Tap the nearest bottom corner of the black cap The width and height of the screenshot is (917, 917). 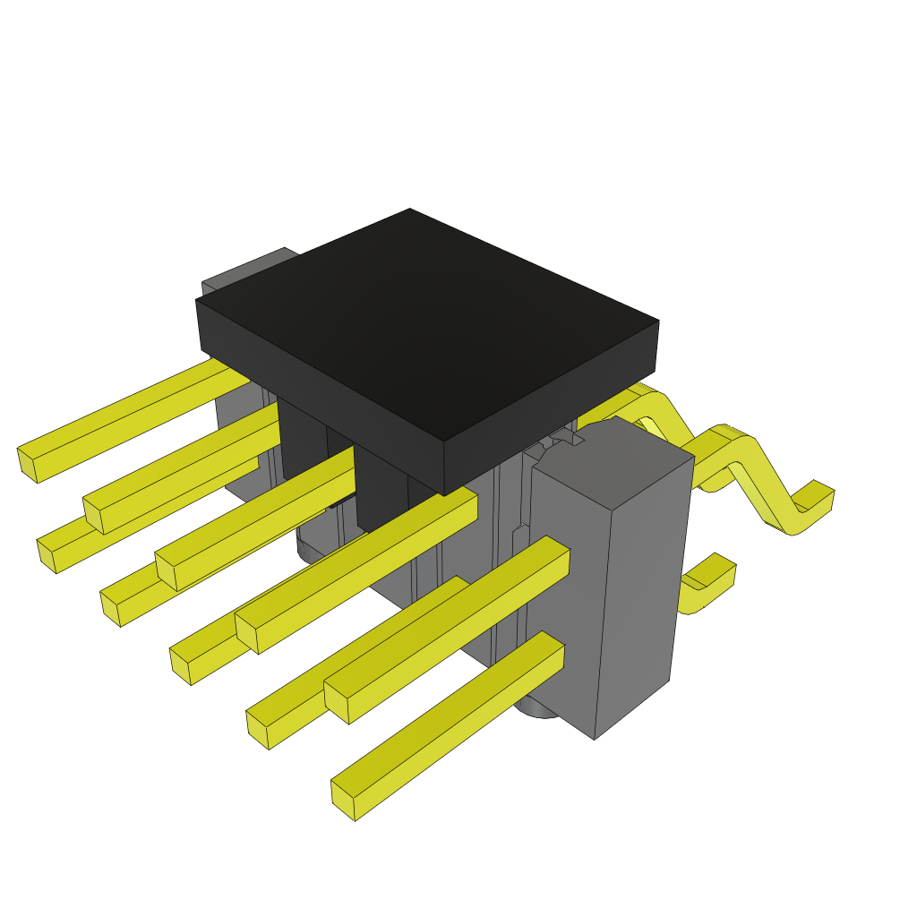click(x=444, y=493)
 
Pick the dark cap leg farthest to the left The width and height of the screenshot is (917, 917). click(x=301, y=439)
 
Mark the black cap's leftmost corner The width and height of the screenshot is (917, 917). click(x=198, y=303)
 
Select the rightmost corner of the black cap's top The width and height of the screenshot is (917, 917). click(x=658, y=321)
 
